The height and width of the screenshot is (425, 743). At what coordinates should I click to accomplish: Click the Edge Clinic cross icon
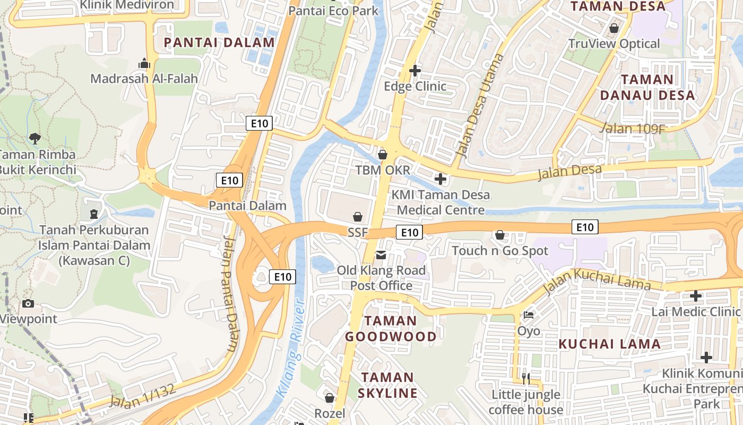(415, 70)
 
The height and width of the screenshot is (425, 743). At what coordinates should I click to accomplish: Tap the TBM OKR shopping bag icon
(382, 155)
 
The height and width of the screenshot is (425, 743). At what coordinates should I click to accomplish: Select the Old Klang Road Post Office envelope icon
(381, 255)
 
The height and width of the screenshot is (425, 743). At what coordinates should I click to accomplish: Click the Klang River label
(292, 350)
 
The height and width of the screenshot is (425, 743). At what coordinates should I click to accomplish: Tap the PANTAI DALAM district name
(219, 42)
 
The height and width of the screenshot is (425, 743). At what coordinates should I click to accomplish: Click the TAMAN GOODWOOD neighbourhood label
(391, 328)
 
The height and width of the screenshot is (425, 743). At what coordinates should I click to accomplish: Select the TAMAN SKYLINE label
(387, 385)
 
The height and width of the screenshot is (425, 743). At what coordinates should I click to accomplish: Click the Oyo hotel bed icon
(528, 315)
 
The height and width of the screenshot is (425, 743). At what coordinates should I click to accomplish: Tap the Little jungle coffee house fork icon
(525, 378)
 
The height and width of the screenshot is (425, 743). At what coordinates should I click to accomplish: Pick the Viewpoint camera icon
(28, 303)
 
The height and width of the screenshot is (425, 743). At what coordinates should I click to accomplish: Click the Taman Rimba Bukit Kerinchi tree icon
(35, 139)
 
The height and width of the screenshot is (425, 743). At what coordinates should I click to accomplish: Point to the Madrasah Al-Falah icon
(144, 64)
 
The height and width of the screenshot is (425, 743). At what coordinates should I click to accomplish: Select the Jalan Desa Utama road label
(479, 106)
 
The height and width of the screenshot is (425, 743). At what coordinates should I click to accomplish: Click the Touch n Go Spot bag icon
(499, 234)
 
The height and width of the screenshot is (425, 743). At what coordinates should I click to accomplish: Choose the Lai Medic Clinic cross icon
(695, 296)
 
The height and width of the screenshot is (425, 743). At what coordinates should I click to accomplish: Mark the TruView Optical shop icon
(614, 28)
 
